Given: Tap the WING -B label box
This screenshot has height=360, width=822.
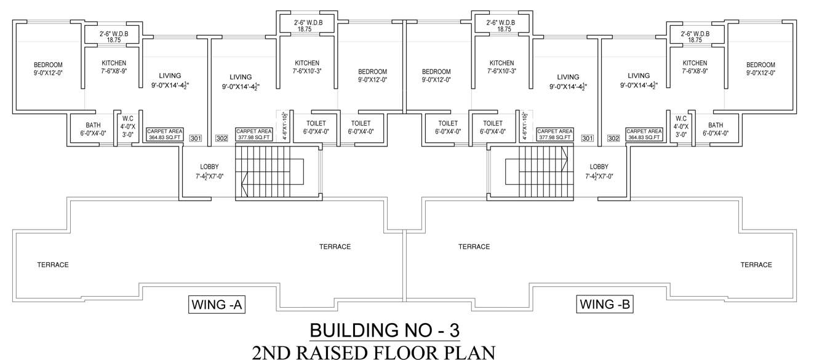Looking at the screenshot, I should pos(604,304).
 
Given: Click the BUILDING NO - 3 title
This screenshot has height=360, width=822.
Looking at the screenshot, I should pos(385,330).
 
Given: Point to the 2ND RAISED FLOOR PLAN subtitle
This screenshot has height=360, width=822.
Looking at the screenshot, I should pos(373,353).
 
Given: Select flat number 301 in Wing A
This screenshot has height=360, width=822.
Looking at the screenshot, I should pos(195,138).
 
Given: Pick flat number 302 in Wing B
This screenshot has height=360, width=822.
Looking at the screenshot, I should pos(613,138).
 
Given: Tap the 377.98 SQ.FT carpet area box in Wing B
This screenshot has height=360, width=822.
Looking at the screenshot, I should pos(554,135).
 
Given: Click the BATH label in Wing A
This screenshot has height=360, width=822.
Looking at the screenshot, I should pos(93,125).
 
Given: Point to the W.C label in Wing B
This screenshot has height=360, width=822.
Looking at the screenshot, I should pos(680,118).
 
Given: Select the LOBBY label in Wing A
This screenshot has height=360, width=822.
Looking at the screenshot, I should pos(209,167).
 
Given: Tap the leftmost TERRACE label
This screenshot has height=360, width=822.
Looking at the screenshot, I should pos(53,265).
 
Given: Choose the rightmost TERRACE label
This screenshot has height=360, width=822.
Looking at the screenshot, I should pos(756,265).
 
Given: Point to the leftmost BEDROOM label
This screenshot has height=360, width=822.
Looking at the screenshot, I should pos(47,65).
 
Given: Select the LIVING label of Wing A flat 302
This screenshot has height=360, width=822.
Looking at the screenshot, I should pos(241,77).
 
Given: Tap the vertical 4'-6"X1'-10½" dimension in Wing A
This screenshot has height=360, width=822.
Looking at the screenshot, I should pos(284,126).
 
